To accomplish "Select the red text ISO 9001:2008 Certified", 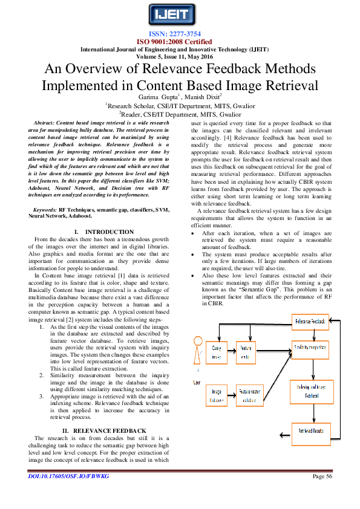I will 180,42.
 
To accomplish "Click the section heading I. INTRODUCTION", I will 104,232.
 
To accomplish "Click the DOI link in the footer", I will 68,494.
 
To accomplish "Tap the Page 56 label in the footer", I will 322,494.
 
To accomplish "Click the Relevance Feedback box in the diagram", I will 310,322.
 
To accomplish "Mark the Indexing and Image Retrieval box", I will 310,391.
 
